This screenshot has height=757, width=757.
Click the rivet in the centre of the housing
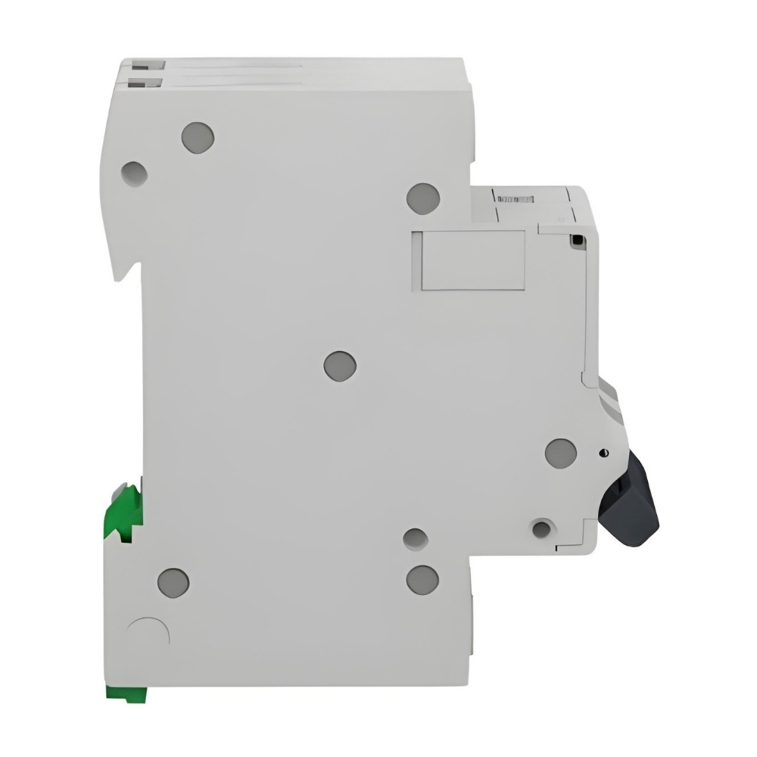pyautogui.click(x=340, y=366)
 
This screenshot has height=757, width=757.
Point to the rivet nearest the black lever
pyautogui.click(x=561, y=453)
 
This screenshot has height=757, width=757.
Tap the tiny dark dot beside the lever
pyautogui.click(x=603, y=453)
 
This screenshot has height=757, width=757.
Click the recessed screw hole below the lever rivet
pyautogui.click(x=541, y=528)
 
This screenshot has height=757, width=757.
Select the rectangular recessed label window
pyautogui.click(x=467, y=260)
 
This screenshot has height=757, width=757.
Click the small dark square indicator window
pyautogui.click(x=577, y=240)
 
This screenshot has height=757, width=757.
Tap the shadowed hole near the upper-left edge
pyautogui.click(x=134, y=173)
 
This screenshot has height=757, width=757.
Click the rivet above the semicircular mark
pyautogui.click(x=173, y=581)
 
